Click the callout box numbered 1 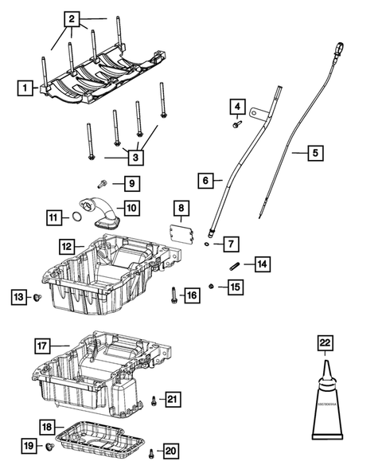click(25, 88)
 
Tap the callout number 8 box click(181, 209)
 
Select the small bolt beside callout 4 click(236, 123)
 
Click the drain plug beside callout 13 click(37, 298)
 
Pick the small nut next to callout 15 click(210, 286)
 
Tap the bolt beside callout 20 click(150, 454)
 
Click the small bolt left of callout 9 click(103, 184)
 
